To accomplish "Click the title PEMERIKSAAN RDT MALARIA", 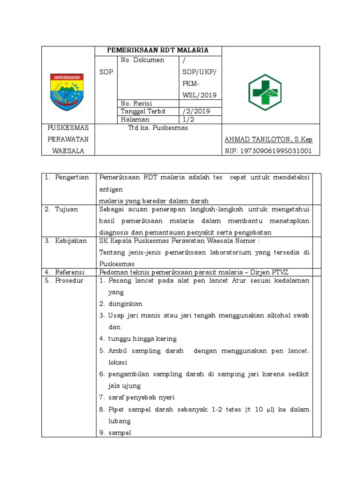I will pyautogui.click(x=157, y=50).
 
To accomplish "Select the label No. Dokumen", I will pyautogui.click(x=142, y=60).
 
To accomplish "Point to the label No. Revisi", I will pyautogui.click(x=136, y=103).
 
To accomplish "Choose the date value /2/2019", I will pyautogui.click(x=196, y=111).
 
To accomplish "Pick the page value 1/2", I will pyautogui.click(x=188, y=120).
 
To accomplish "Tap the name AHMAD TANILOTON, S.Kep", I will pyautogui.click(x=269, y=140).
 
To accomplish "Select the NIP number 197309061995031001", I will pyautogui.click(x=269, y=151).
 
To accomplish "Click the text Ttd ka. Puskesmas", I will pyautogui.click(x=158, y=128).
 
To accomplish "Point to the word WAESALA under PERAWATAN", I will pyautogui.click(x=68, y=151).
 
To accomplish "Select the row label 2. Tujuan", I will pyautogui.click(x=62, y=209).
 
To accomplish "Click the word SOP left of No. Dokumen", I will pyautogui.click(x=106, y=72).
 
